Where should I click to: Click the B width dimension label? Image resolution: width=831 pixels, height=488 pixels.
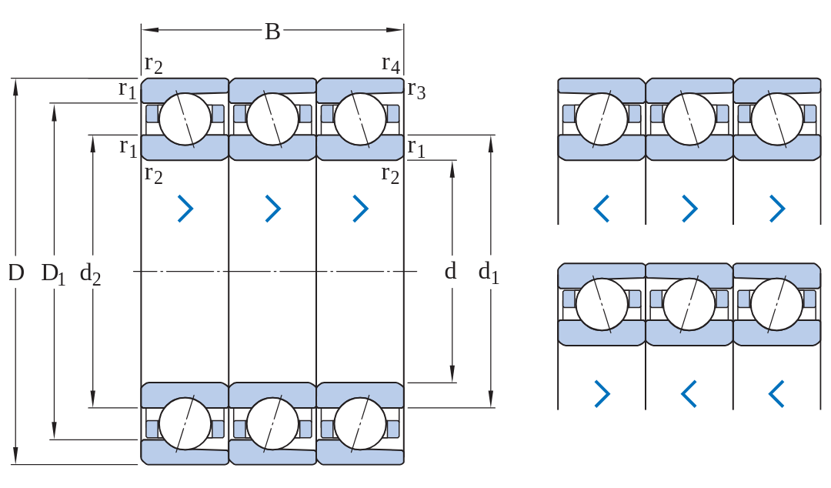272,32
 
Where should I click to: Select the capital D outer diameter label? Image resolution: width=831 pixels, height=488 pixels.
16,272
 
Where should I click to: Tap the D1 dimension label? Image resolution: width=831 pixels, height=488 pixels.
54,274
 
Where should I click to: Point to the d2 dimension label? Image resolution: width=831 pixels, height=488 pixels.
90,274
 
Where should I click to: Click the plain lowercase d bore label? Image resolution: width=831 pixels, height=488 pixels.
450,271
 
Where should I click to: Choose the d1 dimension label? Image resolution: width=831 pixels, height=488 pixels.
489,272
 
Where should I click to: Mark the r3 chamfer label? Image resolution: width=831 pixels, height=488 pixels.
416,89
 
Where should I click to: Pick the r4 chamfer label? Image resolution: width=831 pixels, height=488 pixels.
391,64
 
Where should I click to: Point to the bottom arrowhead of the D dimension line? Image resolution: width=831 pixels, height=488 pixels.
16,456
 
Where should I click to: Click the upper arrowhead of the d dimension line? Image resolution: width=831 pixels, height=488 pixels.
452,169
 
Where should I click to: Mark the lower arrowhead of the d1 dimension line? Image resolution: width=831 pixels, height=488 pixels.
491,399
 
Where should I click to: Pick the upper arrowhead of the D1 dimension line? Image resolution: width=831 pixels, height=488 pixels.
54,112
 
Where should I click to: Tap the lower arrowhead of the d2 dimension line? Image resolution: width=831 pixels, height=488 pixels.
93,399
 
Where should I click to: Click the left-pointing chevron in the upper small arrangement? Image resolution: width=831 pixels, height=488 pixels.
601,209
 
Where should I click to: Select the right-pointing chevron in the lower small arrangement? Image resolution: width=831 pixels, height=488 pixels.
602,393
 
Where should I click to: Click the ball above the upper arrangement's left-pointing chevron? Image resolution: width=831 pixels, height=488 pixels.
602,119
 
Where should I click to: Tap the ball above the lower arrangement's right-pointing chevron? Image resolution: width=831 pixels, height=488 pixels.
602,305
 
